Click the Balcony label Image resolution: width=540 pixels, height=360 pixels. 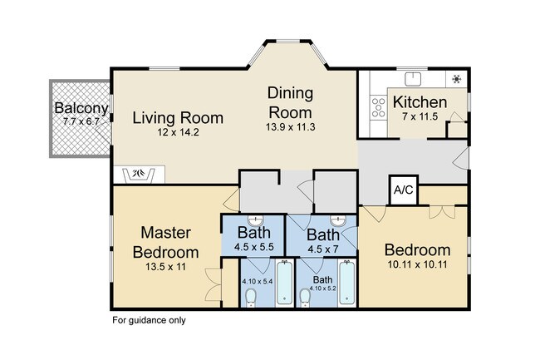[81, 108]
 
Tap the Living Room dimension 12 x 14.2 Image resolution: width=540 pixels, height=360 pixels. [178, 132]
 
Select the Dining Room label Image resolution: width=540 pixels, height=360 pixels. [290, 102]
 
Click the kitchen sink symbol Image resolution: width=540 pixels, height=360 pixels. [413, 78]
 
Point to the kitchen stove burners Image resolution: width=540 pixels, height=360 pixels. [379, 107]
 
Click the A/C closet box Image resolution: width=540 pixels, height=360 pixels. [403, 190]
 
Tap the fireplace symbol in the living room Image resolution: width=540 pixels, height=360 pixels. [140, 174]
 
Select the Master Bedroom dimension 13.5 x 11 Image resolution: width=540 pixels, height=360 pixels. [165, 267]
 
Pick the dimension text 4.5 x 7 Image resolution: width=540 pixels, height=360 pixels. [323, 249]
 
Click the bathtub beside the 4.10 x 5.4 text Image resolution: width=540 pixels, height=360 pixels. [284, 283]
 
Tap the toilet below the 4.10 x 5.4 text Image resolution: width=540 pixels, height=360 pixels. [250, 298]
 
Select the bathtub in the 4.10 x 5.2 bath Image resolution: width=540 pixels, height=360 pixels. [346, 283]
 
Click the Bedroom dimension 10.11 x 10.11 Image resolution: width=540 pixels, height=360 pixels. [417, 265]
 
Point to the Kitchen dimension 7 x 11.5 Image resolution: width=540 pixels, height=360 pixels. [420, 116]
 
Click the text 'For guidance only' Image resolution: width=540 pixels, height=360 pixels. [149, 320]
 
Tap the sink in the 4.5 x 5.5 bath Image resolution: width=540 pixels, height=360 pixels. [255, 219]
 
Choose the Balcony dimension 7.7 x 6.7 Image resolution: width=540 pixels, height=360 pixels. [81, 121]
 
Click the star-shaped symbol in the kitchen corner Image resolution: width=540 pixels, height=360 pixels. [457, 79]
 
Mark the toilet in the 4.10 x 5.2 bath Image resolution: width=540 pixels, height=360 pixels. [305, 298]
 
